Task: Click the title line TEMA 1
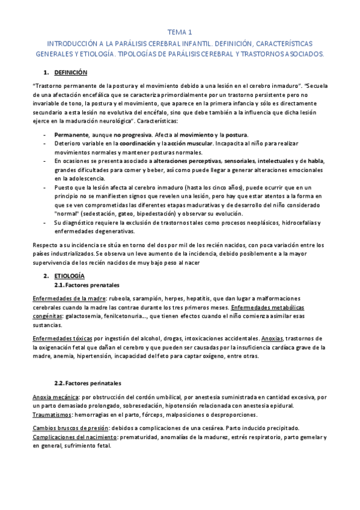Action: tap(180, 32)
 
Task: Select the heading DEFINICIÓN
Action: tap(71, 73)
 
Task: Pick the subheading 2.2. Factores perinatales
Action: tap(87, 382)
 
